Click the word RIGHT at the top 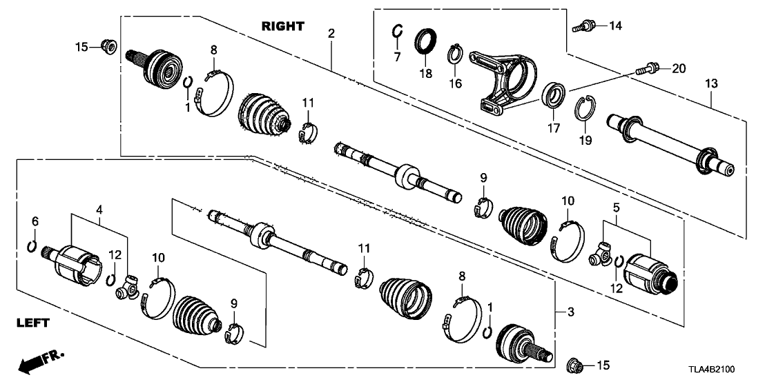[x=282, y=26]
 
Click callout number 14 [x=614, y=26]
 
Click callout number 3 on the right [x=570, y=313]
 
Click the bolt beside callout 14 [x=581, y=27]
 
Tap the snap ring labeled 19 [x=584, y=110]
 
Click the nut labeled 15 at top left [x=108, y=47]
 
